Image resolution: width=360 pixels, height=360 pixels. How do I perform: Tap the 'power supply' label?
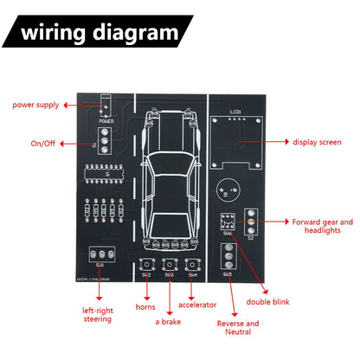pos(35,105)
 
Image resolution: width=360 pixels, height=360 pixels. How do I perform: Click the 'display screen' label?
pos(318,142)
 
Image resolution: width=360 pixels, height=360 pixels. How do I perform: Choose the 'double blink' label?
pos(268,302)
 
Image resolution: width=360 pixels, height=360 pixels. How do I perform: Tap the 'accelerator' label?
pos(196,305)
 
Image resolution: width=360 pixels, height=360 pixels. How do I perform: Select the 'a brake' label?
pos(170,322)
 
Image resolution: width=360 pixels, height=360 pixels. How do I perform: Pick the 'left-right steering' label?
pos(97,314)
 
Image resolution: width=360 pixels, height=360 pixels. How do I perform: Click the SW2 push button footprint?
pos(146,263)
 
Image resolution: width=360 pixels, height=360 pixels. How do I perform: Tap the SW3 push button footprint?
pos(170,263)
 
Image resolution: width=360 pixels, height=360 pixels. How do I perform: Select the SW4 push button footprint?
pos(193,263)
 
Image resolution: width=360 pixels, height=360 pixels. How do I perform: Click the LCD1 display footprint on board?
pos(237,129)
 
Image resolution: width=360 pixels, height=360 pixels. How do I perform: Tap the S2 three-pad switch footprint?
pos(252,222)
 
